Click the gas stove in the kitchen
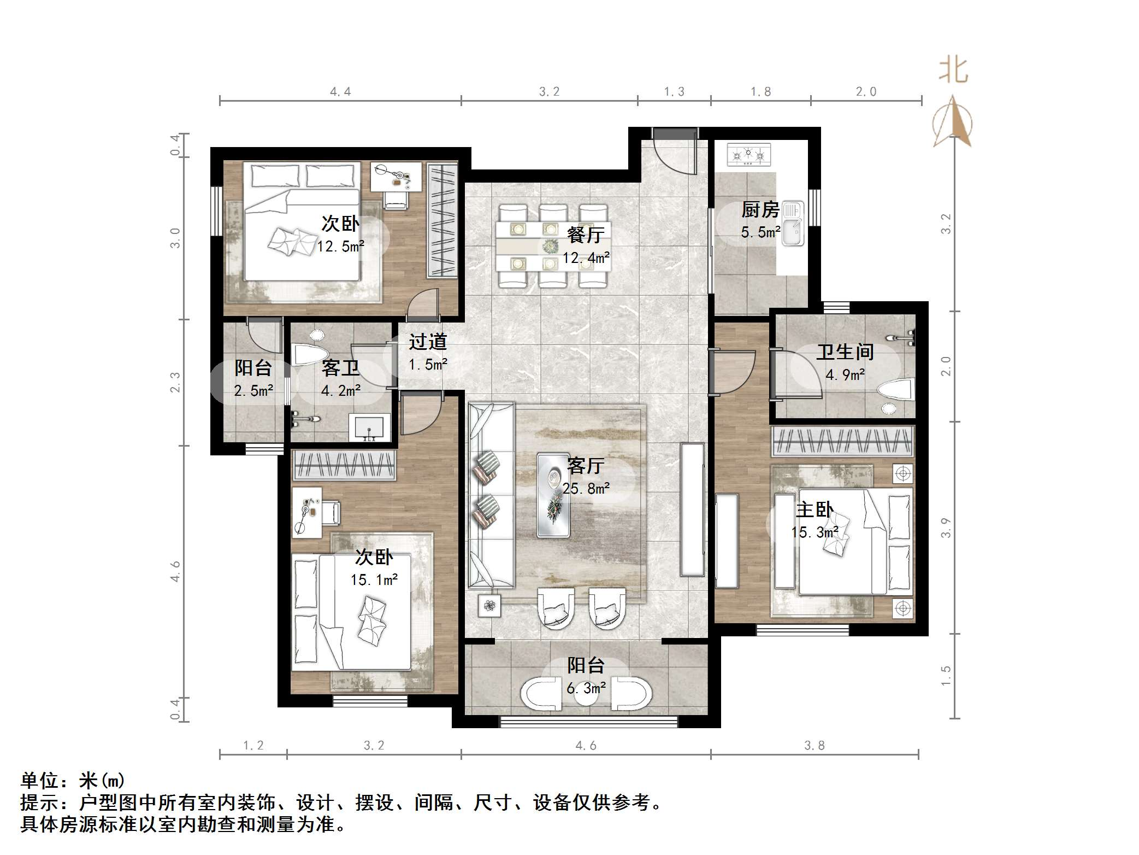[748, 155]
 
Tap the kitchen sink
[792, 223]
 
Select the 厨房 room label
[760, 210]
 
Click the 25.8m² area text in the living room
[586, 489]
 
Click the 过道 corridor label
[428, 342]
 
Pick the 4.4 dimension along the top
[340, 92]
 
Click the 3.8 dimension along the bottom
[814, 746]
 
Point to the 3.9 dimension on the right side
[946, 528]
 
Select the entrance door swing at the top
[675, 153]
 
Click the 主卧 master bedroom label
[814, 510]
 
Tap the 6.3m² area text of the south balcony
[586, 688]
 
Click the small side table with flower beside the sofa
[489, 606]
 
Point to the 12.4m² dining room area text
[586, 257]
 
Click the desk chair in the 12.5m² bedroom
[396, 199]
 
